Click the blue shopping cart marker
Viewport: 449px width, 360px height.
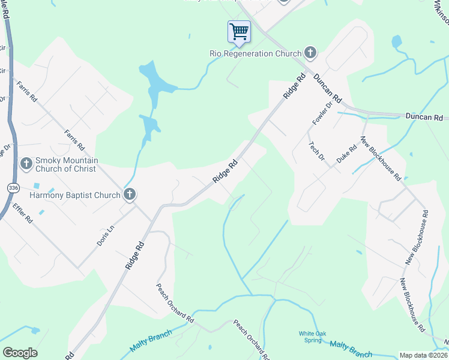pyautogui.click(x=239, y=31)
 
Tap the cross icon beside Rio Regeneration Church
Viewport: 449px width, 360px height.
pyautogui.click(x=310, y=53)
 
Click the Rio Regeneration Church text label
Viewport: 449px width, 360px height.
pyautogui.click(x=255, y=53)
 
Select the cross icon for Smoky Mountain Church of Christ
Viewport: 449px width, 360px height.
pyautogui.click(x=26, y=163)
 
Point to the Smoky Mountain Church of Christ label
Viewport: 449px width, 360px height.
pyautogui.click(x=67, y=164)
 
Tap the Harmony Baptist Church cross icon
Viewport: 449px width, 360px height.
pyautogui.click(x=129, y=194)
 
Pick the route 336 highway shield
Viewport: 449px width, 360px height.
pyautogui.click(x=13, y=188)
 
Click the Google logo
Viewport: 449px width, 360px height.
pyautogui.click(x=19, y=352)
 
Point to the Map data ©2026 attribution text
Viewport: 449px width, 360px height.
pyautogui.click(x=423, y=355)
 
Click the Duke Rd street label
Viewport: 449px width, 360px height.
pyautogui.click(x=343, y=156)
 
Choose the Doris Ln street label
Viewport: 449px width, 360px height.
pyautogui.click(x=104, y=236)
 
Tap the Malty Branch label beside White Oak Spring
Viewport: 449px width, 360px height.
pyautogui.click(x=351, y=348)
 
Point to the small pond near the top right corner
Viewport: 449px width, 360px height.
pyautogui.click(x=396, y=42)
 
